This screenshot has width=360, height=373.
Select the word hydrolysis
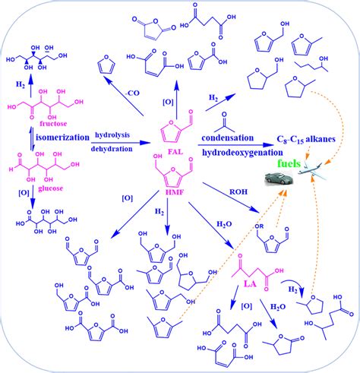(x=114, y=134)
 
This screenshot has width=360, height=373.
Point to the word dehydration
(x=115, y=150)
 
